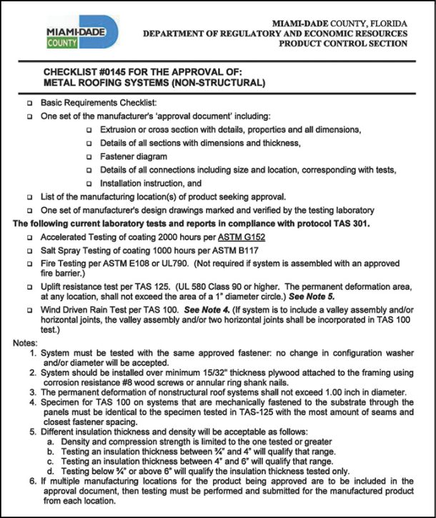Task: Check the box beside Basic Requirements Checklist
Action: [29, 104]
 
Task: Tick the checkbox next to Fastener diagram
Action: [89, 156]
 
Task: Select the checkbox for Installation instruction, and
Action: [89, 182]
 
